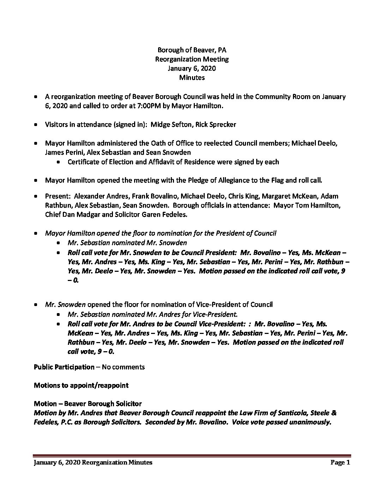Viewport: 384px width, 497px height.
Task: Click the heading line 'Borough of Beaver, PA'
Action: [192, 50]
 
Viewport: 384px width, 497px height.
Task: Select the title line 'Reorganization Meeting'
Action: [192, 59]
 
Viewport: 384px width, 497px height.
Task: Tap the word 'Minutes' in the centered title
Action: [192, 77]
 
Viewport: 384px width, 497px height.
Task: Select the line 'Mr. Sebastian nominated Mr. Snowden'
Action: [127, 242]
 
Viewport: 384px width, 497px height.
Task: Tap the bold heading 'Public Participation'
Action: [64, 367]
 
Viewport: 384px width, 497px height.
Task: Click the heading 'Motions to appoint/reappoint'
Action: [81, 385]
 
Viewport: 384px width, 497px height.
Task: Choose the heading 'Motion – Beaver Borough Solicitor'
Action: [88, 403]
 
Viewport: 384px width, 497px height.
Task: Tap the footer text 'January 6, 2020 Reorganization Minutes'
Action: [93, 462]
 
